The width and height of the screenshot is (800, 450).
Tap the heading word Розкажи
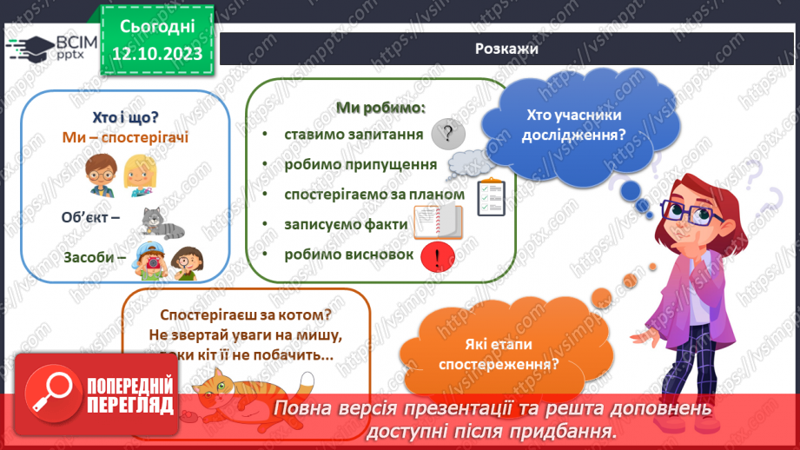(x=506, y=50)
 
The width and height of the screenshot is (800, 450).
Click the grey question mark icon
(x=448, y=135)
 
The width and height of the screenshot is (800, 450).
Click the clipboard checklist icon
(x=492, y=196)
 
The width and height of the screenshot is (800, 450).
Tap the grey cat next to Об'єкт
(x=163, y=223)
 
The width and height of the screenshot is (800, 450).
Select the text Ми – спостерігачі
(x=125, y=137)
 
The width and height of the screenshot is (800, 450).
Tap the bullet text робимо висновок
(x=343, y=255)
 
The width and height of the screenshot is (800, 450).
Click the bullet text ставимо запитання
(x=353, y=135)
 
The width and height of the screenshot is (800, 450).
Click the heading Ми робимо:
(x=380, y=108)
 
